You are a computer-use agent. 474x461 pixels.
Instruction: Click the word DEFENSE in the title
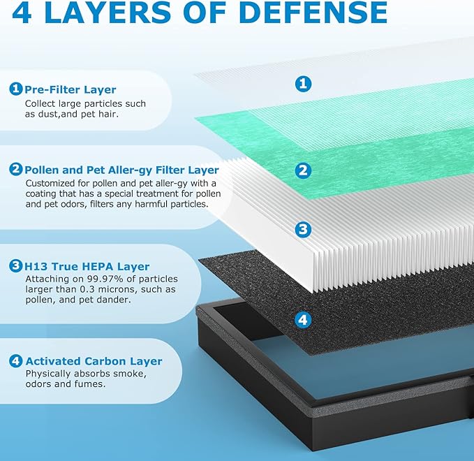pos(315,12)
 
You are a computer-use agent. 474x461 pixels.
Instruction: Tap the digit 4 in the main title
pos(22,12)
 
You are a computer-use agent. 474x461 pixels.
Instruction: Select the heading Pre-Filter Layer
pos(70,89)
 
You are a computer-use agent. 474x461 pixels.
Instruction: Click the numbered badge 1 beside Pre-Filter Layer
pos(16,89)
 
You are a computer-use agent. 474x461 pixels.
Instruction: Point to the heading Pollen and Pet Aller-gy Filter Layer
pos(121,170)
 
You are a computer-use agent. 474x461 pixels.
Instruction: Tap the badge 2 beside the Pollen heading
pos(16,169)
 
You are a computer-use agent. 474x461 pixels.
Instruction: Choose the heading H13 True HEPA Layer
pos(87,267)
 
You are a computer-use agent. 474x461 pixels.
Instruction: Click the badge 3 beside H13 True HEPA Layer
pos(16,265)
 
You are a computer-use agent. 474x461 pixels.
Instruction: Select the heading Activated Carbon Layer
pos(94,361)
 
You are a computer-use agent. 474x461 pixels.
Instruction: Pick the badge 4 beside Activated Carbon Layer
pos(16,361)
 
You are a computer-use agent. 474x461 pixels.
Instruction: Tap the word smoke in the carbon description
pos(131,374)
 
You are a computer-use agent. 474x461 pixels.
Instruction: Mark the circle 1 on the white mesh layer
pos(303,84)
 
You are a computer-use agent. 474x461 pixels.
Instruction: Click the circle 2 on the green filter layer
pos(303,170)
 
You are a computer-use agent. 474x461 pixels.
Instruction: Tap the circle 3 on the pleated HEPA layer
pos(303,229)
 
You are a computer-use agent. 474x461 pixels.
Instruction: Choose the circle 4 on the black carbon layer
pos(303,319)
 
